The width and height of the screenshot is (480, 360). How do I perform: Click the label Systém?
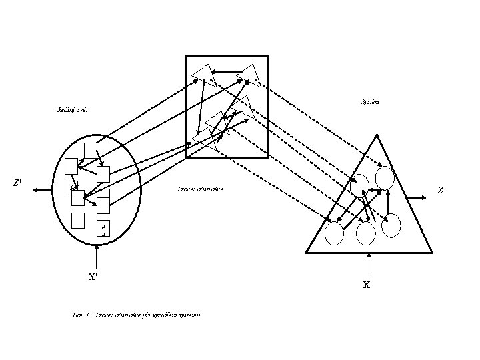pos(371,102)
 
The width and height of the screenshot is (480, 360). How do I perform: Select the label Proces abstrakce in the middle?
pos(201,189)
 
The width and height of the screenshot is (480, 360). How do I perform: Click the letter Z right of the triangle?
pos(440,191)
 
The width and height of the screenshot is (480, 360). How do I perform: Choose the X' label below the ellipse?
pos(94,277)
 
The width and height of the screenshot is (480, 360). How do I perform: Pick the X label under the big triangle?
pos(366,285)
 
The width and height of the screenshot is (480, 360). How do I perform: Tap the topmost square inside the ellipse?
pos(91,150)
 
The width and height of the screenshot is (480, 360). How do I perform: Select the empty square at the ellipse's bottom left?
pos(78,220)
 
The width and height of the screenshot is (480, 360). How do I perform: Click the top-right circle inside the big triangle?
pos(385,177)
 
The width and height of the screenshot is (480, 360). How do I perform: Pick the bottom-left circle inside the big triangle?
pos(334,233)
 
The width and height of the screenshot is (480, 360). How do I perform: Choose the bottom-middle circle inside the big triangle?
pos(366,233)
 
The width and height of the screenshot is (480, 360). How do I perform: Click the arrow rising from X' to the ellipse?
pos(97,256)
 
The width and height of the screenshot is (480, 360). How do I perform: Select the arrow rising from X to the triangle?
pos(366,265)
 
